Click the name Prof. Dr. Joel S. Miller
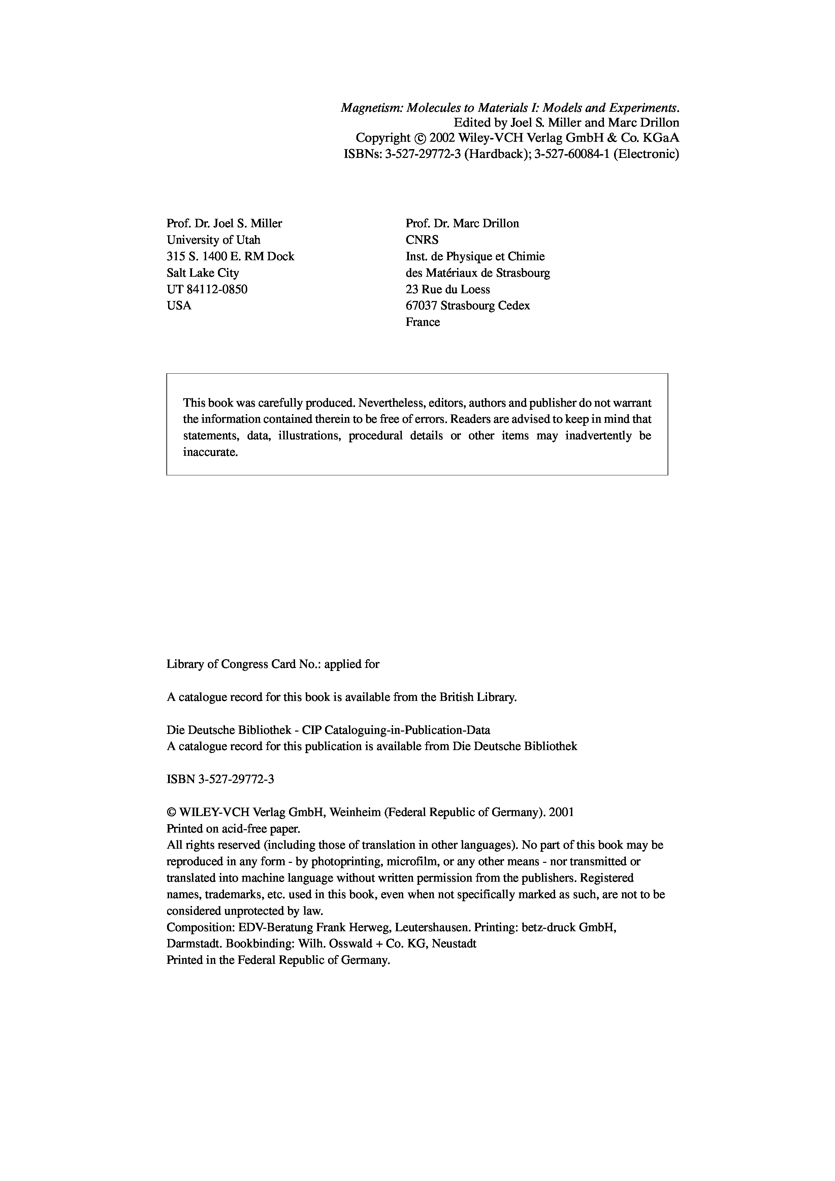point(224,223)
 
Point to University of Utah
point(214,240)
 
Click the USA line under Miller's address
point(179,306)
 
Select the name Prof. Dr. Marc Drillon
point(462,223)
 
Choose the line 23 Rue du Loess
point(448,289)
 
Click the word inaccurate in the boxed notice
point(211,453)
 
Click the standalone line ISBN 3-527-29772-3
point(220,779)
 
